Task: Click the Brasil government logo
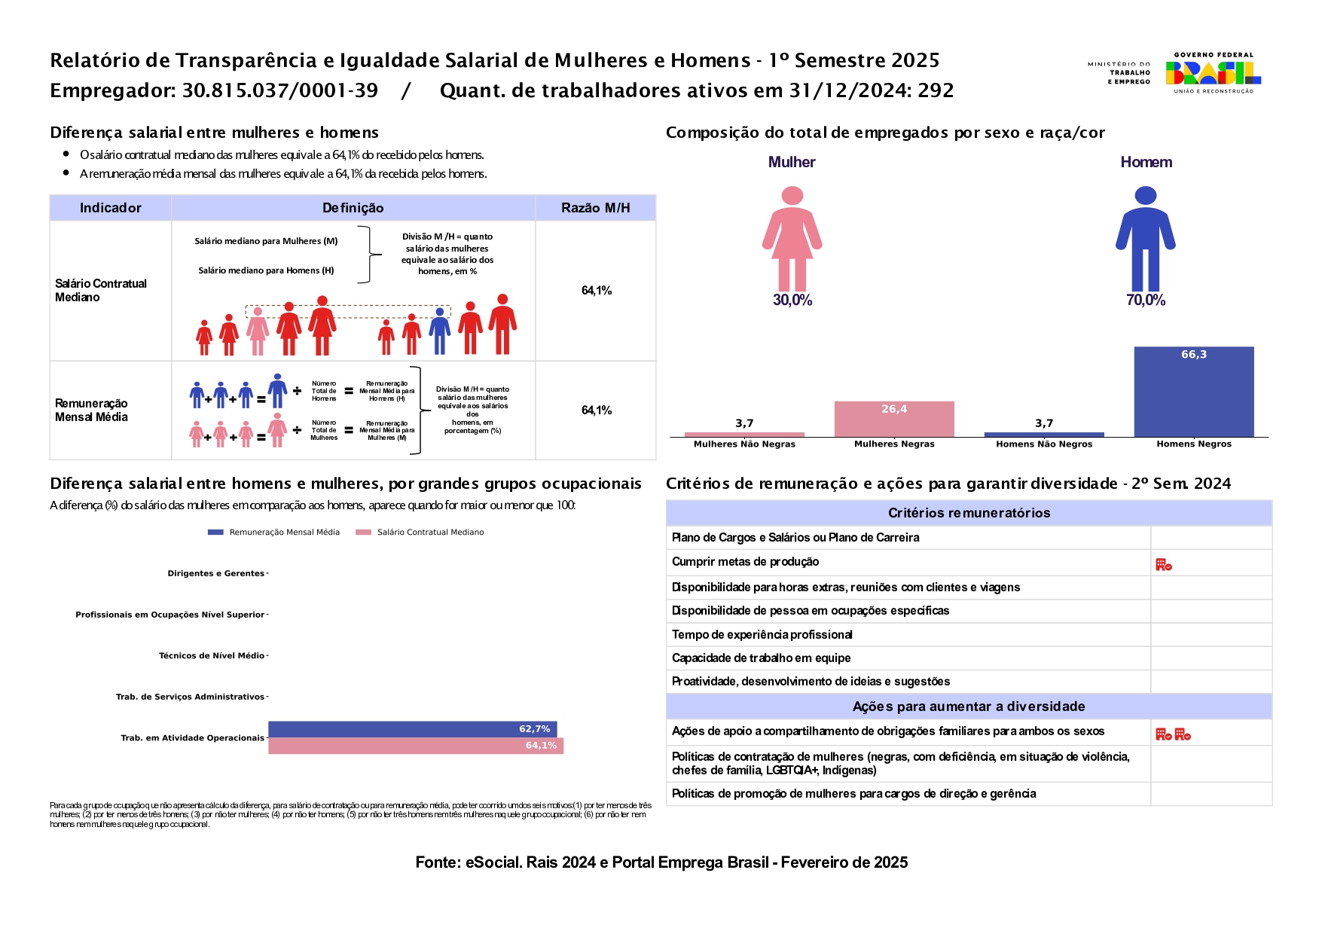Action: (x=1212, y=72)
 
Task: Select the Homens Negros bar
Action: (x=1193, y=392)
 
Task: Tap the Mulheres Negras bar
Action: (x=893, y=420)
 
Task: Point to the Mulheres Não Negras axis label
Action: (x=744, y=444)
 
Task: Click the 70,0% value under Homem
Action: (x=1145, y=300)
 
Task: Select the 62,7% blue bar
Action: (x=412, y=729)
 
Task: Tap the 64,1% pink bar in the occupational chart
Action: (x=415, y=746)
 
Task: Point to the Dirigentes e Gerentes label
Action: (x=215, y=573)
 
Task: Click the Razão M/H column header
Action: (x=595, y=208)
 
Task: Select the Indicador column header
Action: (x=110, y=208)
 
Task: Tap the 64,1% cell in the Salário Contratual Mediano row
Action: (x=596, y=291)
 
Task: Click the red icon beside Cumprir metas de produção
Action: (x=1163, y=564)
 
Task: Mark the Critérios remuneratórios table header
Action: (x=969, y=513)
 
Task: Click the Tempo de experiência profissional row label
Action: (x=762, y=635)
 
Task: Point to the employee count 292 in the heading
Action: (x=936, y=91)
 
